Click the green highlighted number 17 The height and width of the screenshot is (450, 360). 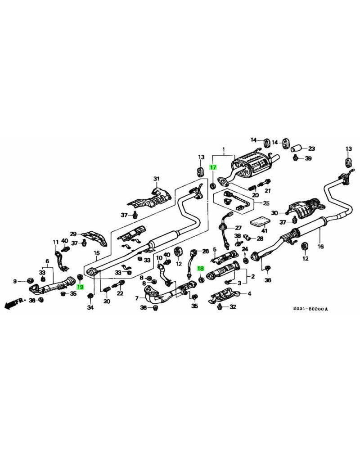click(x=213, y=167)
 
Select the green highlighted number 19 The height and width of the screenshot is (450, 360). click(x=80, y=287)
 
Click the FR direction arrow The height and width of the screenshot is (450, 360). click(x=13, y=303)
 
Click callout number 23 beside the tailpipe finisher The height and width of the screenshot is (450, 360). click(x=311, y=148)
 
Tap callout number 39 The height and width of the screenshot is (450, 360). click(x=308, y=158)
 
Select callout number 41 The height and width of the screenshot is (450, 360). click(x=265, y=231)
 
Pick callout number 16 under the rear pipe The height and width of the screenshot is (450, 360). click(x=320, y=246)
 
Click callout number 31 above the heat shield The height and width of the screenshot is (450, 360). click(x=156, y=179)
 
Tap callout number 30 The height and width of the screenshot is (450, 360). click(x=274, y=212)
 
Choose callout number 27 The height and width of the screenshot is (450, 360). click(x=238, y=228)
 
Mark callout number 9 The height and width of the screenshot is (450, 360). click(x=15, y=282)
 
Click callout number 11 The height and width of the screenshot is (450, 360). click(x=56, y=242)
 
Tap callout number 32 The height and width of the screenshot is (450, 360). click(x=233, y=307)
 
